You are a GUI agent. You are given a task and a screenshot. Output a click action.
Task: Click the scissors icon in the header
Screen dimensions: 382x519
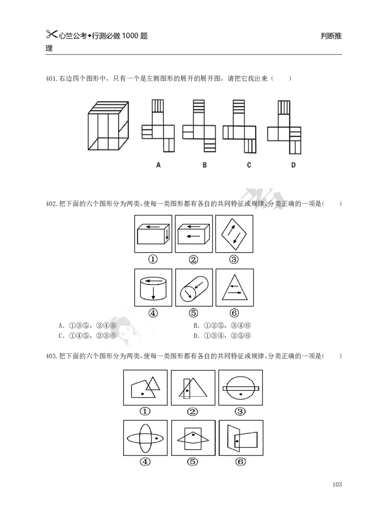(x=52, y=34)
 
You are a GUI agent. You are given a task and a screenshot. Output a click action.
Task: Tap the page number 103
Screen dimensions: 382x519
(x=337, y=484)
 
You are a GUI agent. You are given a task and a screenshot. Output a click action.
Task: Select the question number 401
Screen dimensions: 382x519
(x=51, y=78)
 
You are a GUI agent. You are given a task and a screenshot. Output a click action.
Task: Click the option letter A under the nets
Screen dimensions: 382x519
(x=159, y=165)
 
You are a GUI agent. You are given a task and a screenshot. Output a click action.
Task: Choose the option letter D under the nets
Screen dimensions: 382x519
(x=293, y=165)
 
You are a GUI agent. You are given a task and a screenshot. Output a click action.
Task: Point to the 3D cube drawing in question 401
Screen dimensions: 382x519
(x=108, y=126)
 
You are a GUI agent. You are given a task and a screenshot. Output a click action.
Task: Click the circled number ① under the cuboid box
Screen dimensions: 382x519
(x=153, y=259)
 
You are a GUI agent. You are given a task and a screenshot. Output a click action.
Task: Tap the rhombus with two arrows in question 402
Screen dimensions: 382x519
(x=234, y=234)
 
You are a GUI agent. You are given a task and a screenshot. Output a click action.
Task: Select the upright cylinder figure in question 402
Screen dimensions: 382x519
(x=153, y=288)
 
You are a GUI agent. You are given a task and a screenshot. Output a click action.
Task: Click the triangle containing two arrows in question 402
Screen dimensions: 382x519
(x=234, y=287)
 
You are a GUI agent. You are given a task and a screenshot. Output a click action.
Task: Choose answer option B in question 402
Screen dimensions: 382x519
(x=222, y=325)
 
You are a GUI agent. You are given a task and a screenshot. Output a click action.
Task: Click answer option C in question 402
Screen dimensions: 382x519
(x=87, y=335)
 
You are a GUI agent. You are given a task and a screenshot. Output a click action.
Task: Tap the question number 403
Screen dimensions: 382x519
(x=51, y=356)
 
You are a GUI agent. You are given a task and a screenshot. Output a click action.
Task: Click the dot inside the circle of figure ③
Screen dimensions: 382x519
(x=241, y=394)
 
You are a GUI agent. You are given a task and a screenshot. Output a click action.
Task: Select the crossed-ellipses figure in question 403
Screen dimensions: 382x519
(x=145, y=438)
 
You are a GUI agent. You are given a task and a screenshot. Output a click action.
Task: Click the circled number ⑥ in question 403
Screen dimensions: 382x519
(x=241, y=462)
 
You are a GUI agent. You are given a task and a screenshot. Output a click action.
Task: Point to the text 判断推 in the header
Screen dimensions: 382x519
(x=331, y=36)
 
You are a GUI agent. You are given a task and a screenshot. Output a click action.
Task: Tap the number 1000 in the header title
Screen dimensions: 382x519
(x=130, y=36)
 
